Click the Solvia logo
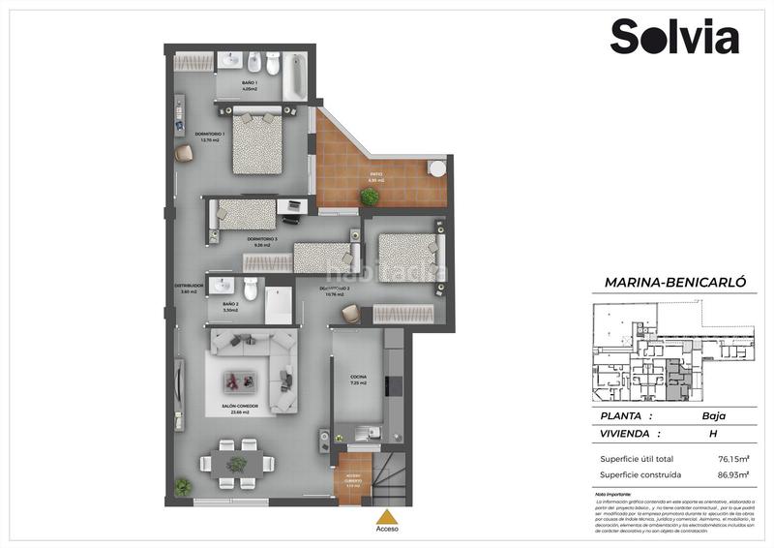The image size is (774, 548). pyautogui.click(x=673, y=37)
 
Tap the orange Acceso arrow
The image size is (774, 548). pyautogui.click(x=386, y=517)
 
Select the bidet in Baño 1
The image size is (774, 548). pyautogui.click(x=253, y=65)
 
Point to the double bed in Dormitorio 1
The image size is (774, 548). pyautogui.click(x=258, y=143)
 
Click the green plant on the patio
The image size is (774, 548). pyautogui.click(x=369, y=197)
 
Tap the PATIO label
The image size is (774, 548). pyautogui.click(x=376, y=177)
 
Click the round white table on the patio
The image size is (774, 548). pyautogui.click(x=436, y=168)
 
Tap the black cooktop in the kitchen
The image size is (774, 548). pyautogui.click(x=393, y=383)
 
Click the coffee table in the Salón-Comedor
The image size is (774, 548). pyautogui.click(x=239, y=379)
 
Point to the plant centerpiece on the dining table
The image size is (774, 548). pyautogui.click(x=236, y=466)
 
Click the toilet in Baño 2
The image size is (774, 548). pyautogui.click(x=250, y=288)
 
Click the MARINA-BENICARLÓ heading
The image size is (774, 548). pyautogui.click(x=674, y=282)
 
